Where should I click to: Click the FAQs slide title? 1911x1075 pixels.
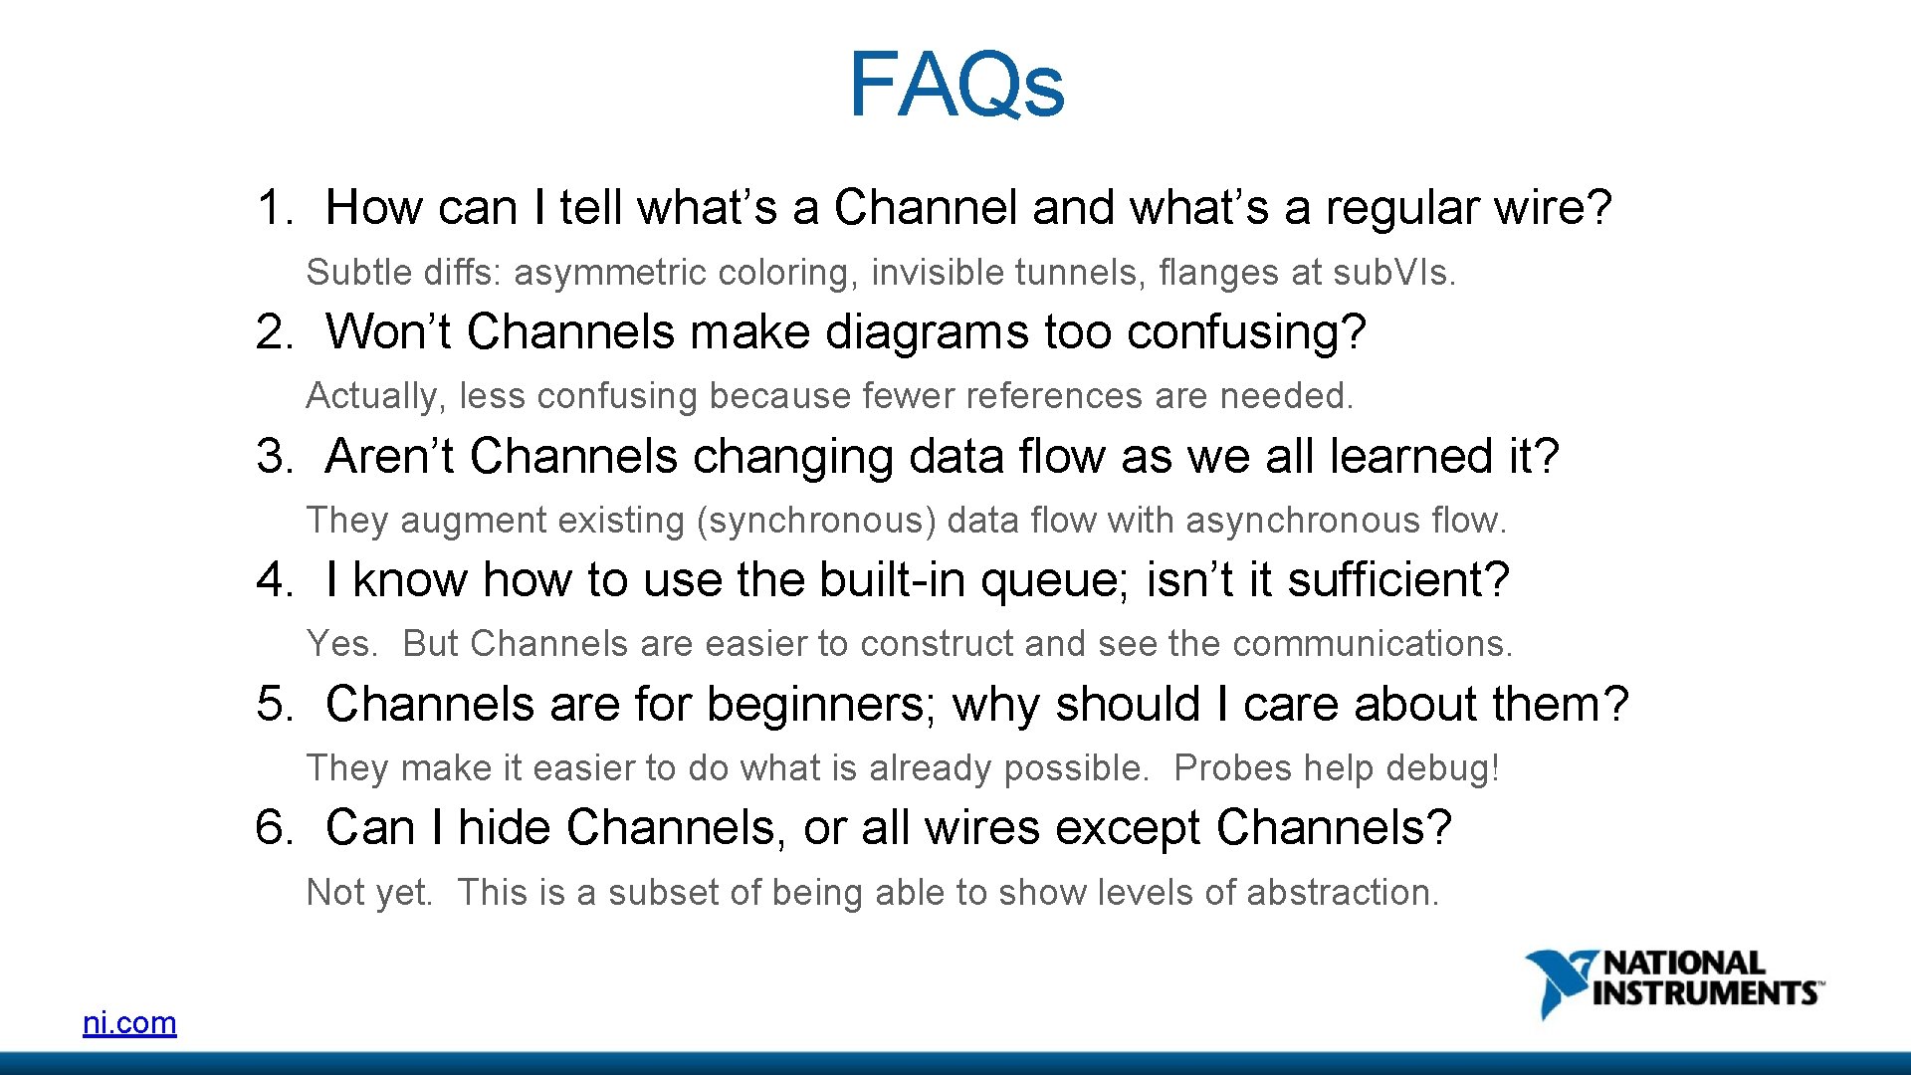pos(955,84)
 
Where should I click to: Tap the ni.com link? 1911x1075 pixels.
pos(129,1022)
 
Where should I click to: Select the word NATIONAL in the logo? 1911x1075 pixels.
pos(1684,963)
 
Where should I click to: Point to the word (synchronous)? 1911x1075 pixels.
pos(816,521)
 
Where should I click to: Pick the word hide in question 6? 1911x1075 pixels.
pos(504,828)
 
